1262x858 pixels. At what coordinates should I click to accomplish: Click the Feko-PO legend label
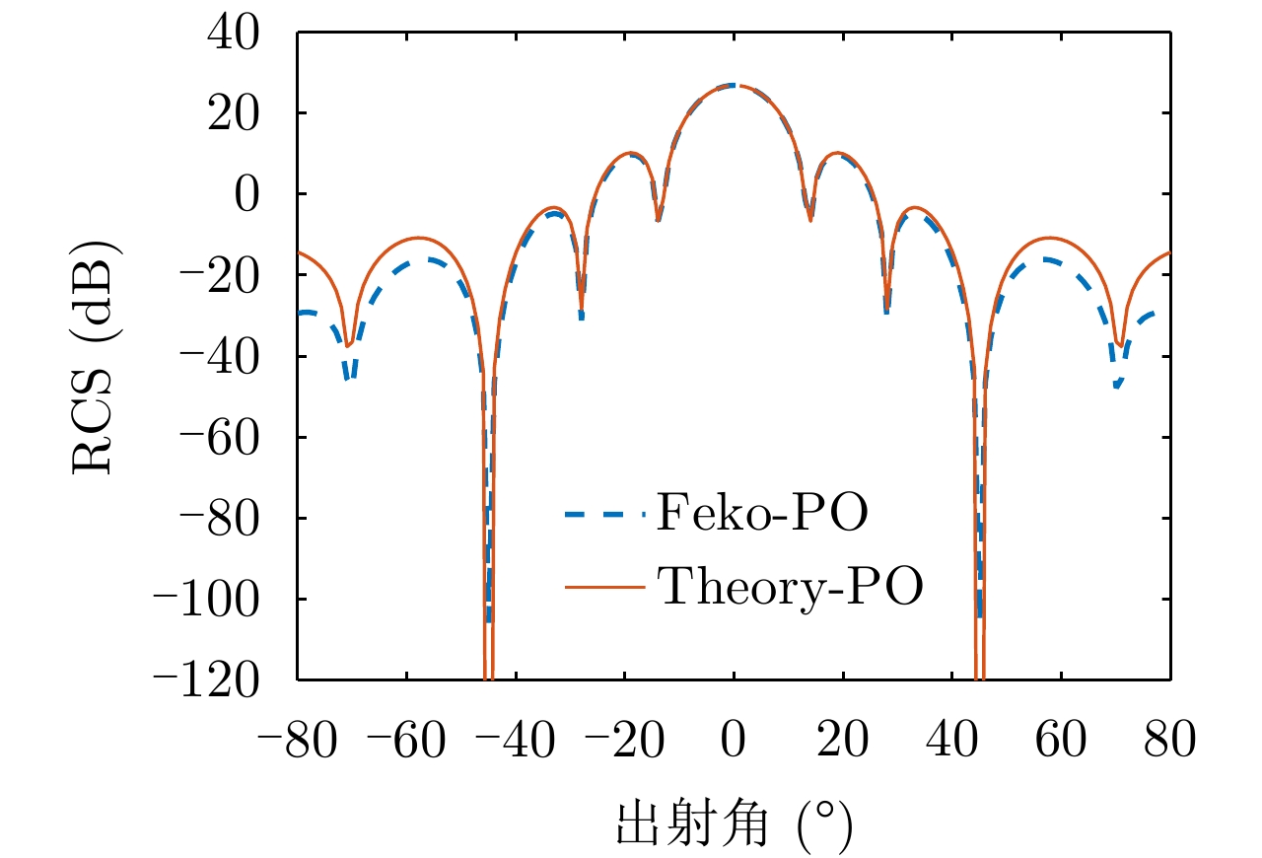(761, 514)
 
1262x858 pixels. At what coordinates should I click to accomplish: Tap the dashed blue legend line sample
(604, 514)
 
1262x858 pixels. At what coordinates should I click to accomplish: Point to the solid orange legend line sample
(604, 589)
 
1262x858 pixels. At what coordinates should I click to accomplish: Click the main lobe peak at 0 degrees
(734, 85)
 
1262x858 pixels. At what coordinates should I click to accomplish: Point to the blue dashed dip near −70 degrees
(350, 377)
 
